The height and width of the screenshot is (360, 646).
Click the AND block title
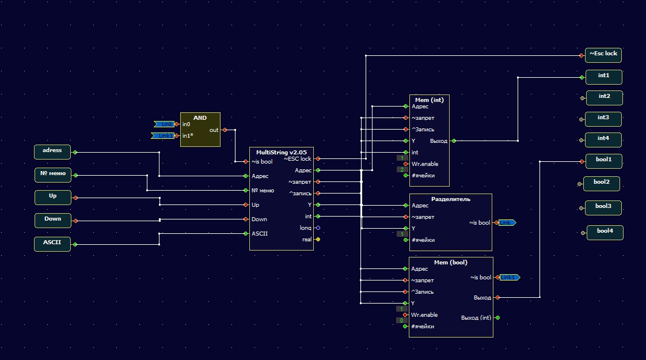(200, 118)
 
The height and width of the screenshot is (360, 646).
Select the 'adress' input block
(52, 151)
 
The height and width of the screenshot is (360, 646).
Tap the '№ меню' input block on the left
(52, 174)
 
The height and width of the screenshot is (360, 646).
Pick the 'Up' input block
(52, 197)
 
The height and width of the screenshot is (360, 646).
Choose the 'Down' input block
(52, 219)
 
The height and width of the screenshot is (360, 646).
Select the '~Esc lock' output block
(603, 55)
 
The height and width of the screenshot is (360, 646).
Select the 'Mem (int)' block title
(429, 100)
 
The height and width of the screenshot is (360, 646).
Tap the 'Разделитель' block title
(450, 199)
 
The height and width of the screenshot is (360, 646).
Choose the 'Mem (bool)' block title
(450, 263)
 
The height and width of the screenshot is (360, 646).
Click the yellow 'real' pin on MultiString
(318, 240)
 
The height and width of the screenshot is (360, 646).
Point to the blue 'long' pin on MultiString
(318, 228)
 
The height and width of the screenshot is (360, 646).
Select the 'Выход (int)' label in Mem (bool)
(476, 317)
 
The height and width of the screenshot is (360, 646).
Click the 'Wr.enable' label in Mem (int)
(425, 164)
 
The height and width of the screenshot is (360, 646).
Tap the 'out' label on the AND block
(214, 130)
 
